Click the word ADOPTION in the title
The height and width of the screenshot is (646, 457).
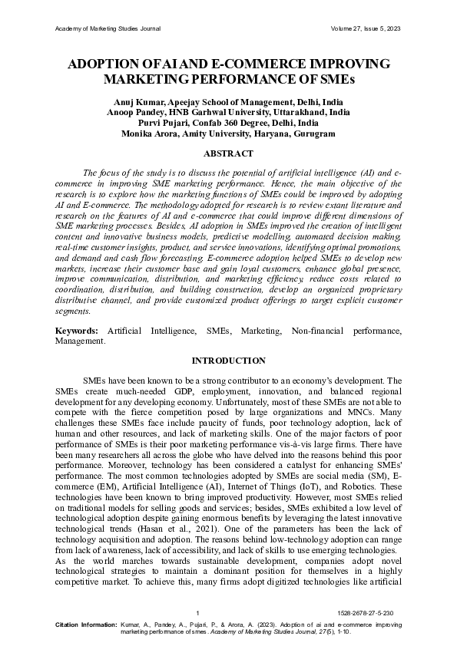coord(107,65)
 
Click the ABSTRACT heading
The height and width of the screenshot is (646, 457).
coord(228,153)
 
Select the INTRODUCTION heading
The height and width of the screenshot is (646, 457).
coord(228,361)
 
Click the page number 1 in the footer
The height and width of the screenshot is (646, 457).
coord(198,614)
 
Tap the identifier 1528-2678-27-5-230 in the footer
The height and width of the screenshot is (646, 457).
coord(369,614)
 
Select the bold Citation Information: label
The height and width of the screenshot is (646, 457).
coord(87,625)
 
